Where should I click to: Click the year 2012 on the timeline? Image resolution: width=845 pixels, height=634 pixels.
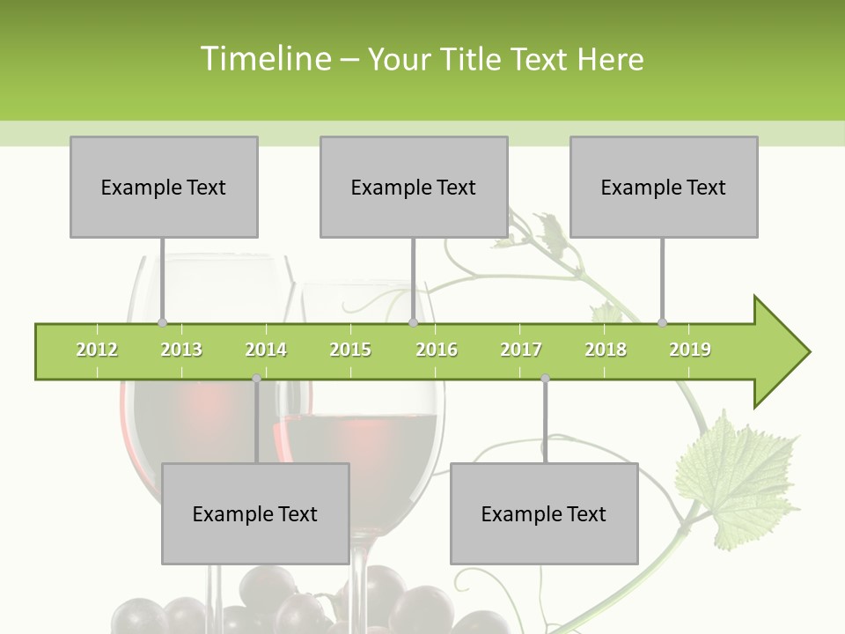click(x=97, y=350)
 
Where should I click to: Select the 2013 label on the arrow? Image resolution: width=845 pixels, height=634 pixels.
click(x=181, y=350)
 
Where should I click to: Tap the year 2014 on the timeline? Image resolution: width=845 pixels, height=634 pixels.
click(x=266, y=350)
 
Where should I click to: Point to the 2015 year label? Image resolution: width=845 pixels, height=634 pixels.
click(x=350, y=350)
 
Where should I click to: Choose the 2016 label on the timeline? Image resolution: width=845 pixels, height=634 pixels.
click(x=437, y=350)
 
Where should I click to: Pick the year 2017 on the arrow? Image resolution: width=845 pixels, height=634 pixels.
click(x=521, y=350)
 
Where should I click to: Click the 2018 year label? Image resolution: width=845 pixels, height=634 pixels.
click(x=606, y=350)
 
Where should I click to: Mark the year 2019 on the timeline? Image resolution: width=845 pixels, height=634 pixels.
click(x=690, y=350)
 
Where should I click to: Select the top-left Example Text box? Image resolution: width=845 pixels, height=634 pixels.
click(x=164, y=187)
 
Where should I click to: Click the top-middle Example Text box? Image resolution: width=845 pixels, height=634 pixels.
click(x=414, y=187)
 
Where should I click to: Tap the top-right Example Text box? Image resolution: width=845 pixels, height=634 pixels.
click(x=664, y=187)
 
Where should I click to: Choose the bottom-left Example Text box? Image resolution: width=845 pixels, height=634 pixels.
click(x=255, y=513)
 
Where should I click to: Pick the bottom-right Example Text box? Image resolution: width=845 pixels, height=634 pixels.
click(x=544, y=513)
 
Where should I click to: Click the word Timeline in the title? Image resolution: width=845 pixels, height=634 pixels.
click(x=264, y=59)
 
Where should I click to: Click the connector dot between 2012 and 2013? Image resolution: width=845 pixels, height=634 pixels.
click(x=162, y=323)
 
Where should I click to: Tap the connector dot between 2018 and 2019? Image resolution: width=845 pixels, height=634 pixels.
click(x=663, y=323)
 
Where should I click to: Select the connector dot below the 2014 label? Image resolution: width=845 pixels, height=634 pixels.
click(x=256, y=379)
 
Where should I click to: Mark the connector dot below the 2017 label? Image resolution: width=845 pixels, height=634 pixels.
click(x=545, y=379)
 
